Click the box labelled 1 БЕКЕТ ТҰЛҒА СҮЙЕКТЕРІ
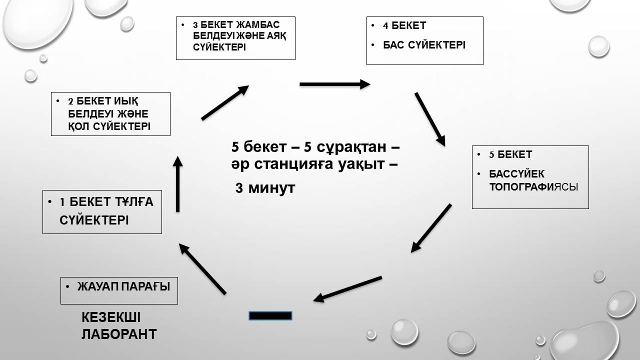(x=102, y=212)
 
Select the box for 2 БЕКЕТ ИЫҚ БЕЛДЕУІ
(x=110, y=114)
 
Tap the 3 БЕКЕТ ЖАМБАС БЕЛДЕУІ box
(x=235, y=38)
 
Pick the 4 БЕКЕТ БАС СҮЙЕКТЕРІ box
(x=424, y=40)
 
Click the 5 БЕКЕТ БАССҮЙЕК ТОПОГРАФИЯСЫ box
(x=530, y=177)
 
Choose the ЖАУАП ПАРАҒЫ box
(x=119, y=290)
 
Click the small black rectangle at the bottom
(x=270, y=315)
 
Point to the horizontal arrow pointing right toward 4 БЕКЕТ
(x=334, y=84)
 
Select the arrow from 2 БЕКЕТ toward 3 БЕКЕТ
(x=225, y=102)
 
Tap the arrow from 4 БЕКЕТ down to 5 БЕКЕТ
(x=429, y=119)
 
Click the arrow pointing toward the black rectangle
(x=348, y=288)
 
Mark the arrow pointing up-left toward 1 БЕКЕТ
(x=202, y=268)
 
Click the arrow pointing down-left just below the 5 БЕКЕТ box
(x=431, y=227)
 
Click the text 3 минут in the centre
(x=265, y=188)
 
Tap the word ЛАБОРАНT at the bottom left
(x=119, y=333)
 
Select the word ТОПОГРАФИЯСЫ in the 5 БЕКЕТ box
(x=533, y=187)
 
